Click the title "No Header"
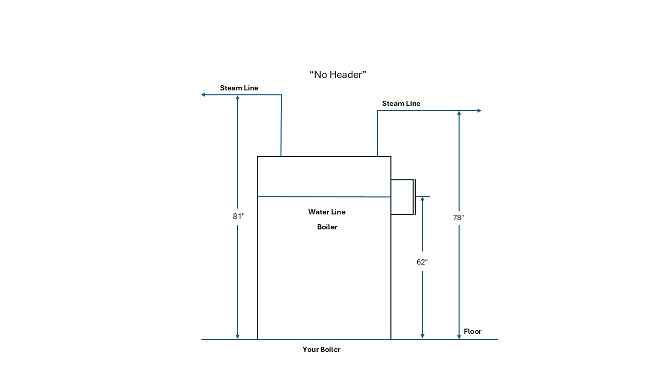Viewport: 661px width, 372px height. coord(338,74)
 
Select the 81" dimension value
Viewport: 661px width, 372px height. coord(239,216)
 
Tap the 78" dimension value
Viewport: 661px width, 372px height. coord(459,218)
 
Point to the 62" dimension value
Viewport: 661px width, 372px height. coord(422,262)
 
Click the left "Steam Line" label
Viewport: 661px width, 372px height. coord(239,88)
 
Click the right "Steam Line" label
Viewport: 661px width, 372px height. coord(401,103)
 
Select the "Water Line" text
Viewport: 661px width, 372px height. coord(327,212)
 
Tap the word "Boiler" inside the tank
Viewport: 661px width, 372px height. coord(327,227)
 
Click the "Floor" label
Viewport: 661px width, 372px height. coord(473,331)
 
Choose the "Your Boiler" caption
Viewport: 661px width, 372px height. coord(322,349)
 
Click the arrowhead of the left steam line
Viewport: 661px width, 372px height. coord(203,95)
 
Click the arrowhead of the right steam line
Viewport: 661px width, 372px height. coord(479,111)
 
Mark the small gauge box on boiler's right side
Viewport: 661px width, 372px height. coord(402,197)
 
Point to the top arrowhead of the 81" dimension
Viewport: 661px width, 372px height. coord(238,97)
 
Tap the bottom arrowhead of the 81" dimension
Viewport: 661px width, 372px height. coord(238,336)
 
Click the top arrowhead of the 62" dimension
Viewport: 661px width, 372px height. coord(422,199)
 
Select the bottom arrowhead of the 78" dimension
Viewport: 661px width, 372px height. coord(459,336)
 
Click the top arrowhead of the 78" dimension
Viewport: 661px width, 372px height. coord(459,113)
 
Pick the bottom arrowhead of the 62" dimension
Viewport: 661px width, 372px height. coord(422,336)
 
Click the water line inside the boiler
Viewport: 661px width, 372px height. coord(324,196)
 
